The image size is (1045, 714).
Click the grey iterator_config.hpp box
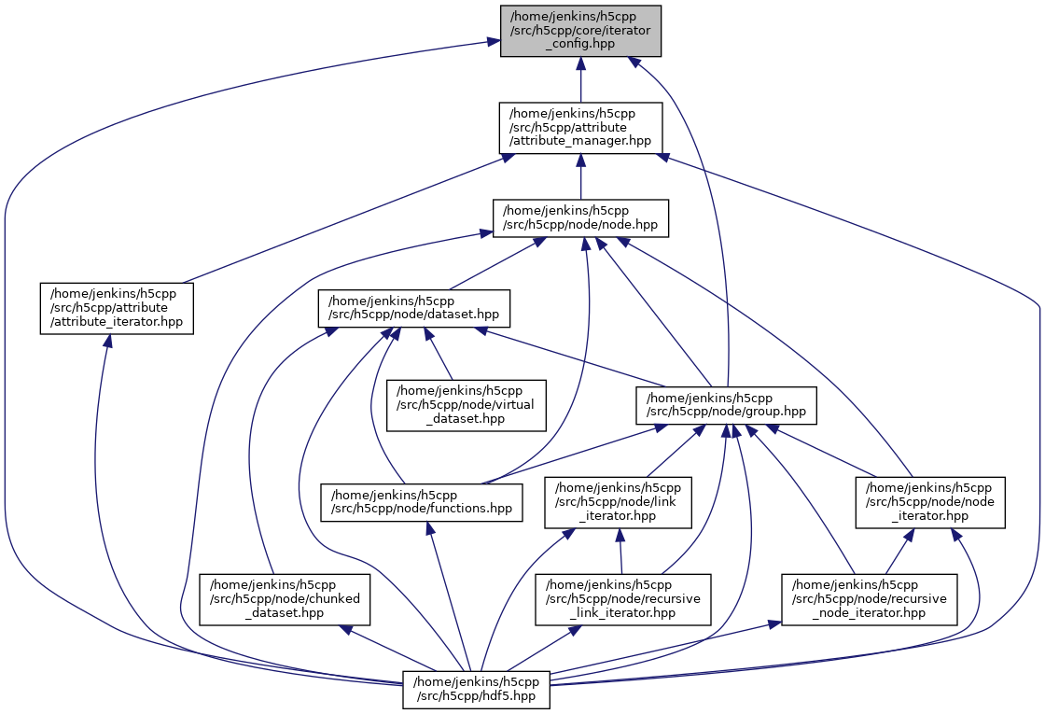click(580, 31)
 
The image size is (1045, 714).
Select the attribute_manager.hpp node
click(580, 128)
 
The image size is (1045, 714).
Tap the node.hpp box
click(580, 217)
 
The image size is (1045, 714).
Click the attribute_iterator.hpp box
click(116, 308)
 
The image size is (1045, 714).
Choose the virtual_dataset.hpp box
click(467, 405)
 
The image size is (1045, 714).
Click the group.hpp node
click(727, 405)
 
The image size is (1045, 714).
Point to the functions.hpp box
click(421, 502)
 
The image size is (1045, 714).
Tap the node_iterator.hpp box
click(930, 502)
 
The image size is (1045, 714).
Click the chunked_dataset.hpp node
click(286, 599)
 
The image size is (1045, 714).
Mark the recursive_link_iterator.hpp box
click(622, 599)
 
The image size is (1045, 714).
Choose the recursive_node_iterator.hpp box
click(870, 599)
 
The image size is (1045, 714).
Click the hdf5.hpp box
click(476, 689)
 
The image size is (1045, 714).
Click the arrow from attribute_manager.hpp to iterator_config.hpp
click(580, 79)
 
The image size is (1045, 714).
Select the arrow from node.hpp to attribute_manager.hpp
click(580, 176)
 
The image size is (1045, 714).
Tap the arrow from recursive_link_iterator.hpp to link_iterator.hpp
click(620, 551)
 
